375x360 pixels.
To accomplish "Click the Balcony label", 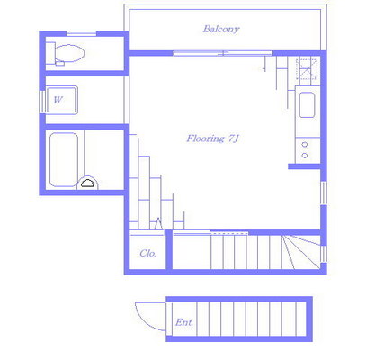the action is (x=221, y=29).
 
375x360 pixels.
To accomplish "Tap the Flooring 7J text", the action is (x=212, y=139).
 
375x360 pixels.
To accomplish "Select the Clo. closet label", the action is (x=148, y=254).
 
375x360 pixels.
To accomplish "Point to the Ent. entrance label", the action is (x=184, y=322).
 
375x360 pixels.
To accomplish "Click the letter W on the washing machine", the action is (x=58, y=100).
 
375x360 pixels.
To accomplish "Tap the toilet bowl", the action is (x=69, y=53).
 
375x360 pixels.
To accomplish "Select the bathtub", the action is (x=64, y=159).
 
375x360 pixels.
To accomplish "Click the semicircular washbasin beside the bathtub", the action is (x=87, y=183).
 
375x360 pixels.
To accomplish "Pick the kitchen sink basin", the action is (x=307, y=104).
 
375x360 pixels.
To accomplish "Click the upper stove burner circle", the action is (x=305, y=145).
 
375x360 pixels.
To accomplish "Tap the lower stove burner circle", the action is (x=305, y=156).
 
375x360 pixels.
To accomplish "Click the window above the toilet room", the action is (x=81, y=33).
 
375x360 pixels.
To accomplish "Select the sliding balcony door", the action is (x=223, y=53).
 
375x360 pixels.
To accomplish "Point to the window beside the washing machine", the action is (x=42, y=102).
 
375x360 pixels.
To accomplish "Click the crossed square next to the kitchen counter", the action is (x=307, y=69).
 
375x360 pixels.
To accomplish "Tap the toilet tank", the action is (x=50, y=53).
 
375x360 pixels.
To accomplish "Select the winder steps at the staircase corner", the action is (x=301, y=251).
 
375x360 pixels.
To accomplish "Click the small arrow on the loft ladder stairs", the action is (x=158, y=224).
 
